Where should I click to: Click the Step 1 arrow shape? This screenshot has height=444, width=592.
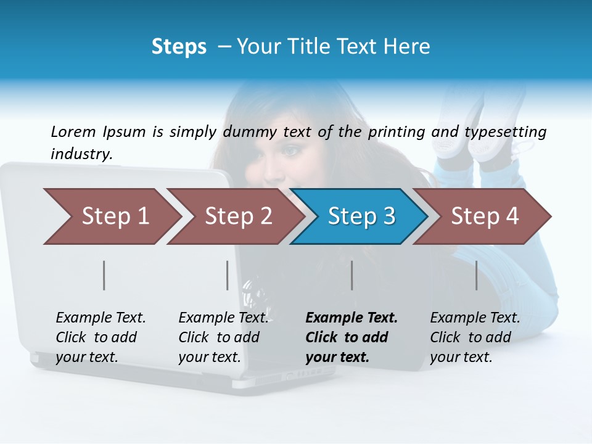[x=111, y=216]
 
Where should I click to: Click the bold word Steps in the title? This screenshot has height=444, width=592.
[x=179, y=47]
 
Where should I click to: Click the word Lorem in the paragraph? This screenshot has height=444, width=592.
[x=73, y=132]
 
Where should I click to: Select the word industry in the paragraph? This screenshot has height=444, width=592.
[x=81, y=154]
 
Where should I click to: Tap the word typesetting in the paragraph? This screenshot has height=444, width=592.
[x=505, y=132]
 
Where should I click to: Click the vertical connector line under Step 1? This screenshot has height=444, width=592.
[x=104, y=275]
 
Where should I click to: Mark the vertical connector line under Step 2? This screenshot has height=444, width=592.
[x=228, y=275]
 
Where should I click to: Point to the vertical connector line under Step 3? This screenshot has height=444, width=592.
[x=351, y=275]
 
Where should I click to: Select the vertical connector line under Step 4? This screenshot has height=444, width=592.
[x=476, y=275]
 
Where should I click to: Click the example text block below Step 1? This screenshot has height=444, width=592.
[x=101, y=337]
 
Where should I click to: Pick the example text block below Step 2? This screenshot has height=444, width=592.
[x=223, y=337]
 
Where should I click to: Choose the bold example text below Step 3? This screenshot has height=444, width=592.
[x=351, y=337]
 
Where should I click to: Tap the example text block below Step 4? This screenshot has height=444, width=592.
[x=475, y=337]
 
